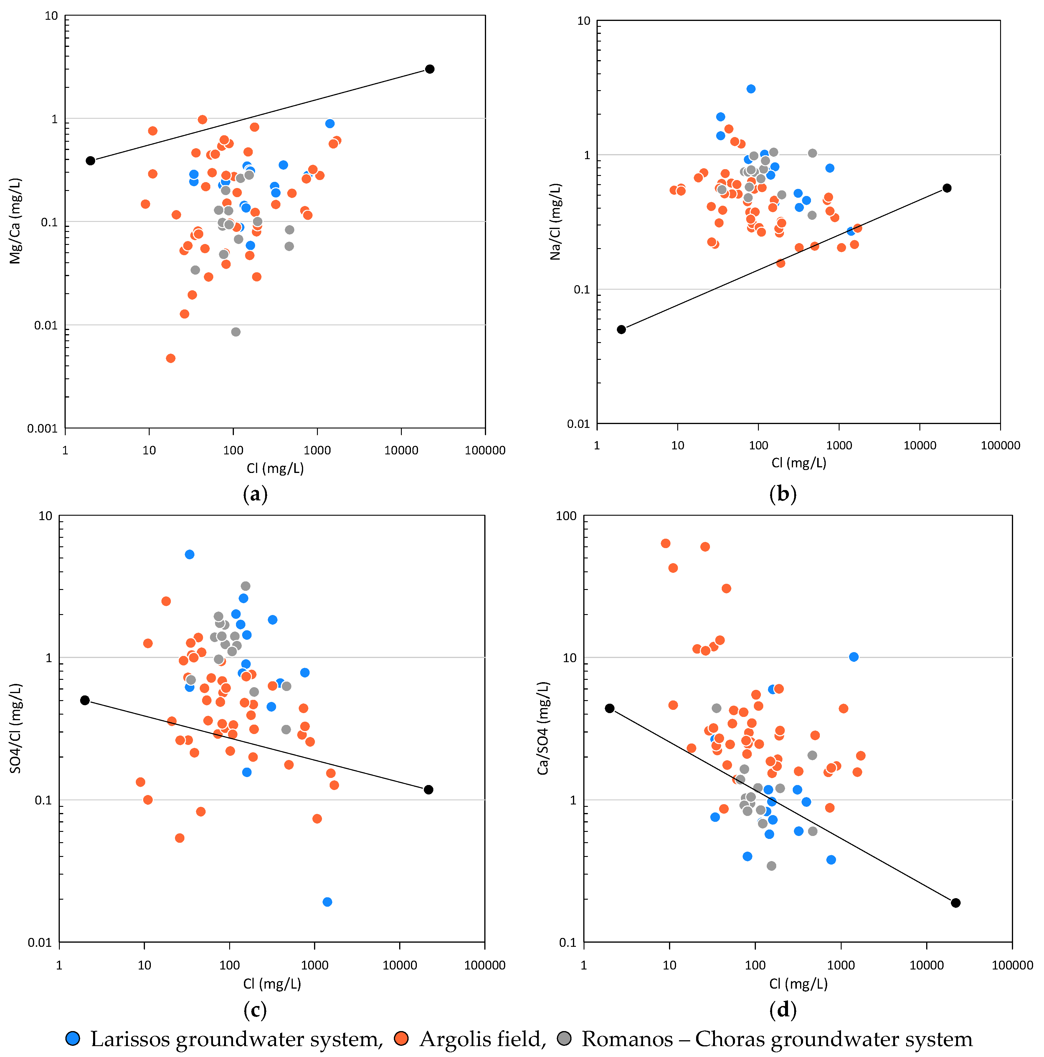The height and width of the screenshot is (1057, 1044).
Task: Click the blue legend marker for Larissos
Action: point(73,1038)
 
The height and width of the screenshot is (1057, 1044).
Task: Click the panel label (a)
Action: point(255,494)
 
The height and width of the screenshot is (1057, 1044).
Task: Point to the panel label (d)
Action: point(783,1009)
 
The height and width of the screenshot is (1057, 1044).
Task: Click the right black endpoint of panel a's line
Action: point(430,69)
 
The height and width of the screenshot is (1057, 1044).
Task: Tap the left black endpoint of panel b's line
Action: point(621,329)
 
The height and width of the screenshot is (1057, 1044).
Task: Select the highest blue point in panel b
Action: point(751,89)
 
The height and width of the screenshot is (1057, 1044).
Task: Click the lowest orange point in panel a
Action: point(171,358)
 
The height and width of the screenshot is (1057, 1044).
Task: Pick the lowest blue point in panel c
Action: point(327,902)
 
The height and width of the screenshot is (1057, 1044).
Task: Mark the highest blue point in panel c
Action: point(189,554)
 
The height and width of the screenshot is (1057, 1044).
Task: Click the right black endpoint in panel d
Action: point(955,903)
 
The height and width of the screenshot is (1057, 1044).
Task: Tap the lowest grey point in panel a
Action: point(236,332)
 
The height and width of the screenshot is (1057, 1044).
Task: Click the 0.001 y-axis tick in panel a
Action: point(42,428)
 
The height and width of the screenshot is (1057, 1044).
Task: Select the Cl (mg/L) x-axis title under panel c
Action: point(272,983)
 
